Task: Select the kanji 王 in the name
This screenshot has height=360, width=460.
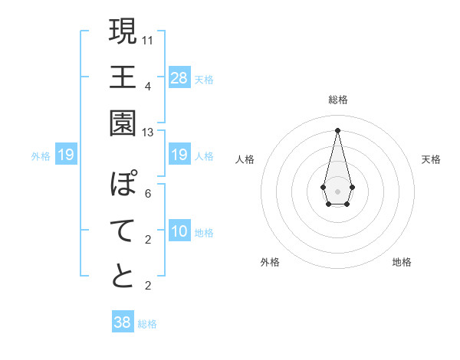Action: [123, 77]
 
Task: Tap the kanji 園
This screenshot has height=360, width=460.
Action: [123, 123]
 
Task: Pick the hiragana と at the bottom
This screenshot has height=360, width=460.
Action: [123, 277]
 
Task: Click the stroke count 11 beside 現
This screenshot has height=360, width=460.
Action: [148, 39]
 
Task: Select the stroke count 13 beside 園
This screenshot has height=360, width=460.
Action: [147, 133]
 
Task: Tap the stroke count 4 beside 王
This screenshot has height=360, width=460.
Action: [148, 86]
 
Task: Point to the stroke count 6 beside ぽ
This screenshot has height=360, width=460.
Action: [148, 194]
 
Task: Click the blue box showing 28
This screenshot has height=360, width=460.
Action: [179, 78]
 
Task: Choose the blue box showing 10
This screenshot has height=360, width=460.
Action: [179, 231]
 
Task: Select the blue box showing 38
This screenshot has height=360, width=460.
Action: [123, 322]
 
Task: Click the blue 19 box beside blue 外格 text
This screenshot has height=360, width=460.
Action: [66, 155]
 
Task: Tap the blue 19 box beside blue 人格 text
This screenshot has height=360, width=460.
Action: [179, 155]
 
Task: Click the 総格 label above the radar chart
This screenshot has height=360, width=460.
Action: [338, 100]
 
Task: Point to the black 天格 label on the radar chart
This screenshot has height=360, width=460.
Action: [431, 159]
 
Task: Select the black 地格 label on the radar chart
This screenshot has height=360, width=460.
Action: [402, 262]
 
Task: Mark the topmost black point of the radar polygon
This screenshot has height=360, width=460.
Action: [337, 129]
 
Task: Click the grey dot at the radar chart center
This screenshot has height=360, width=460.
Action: [337, 190]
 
